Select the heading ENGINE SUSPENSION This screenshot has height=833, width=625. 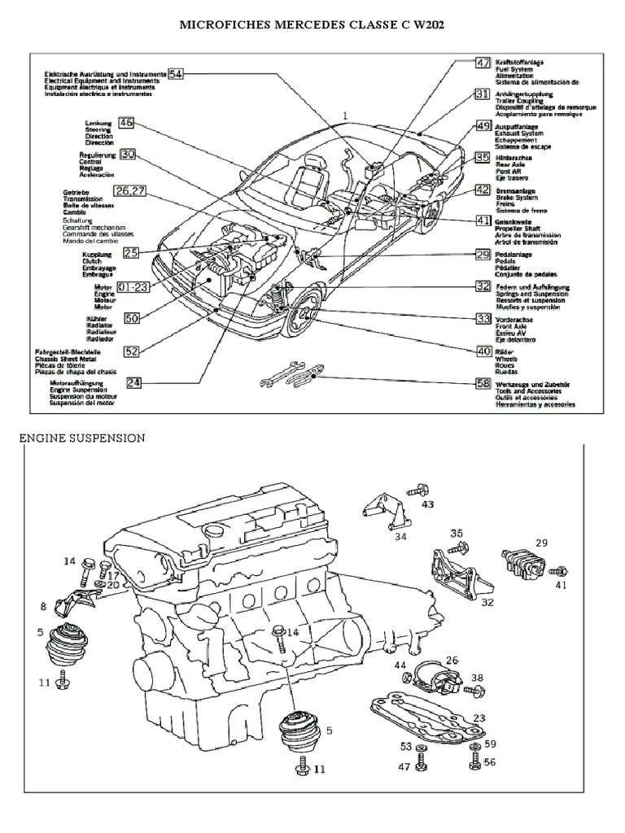pyautogui.click(x=81, y=438)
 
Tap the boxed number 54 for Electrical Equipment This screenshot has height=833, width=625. pyautogui.click(x=177, y=73)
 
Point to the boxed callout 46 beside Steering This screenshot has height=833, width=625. pyautogui.click(x=125, y=123)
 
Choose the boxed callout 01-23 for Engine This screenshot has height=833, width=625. pyautogui.click(x=132, y=286)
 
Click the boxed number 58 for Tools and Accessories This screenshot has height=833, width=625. pyautogui.click(x=483, y=382)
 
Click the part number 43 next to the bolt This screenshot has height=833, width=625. pyautogui.click(x=428, y=504)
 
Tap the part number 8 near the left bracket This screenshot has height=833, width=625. pyautogui.click(x=43, y=606)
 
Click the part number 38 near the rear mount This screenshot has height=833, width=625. pyautogui.click(x=477, y=677)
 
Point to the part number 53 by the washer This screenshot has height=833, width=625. pyautogui.click(x=404, y=746)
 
